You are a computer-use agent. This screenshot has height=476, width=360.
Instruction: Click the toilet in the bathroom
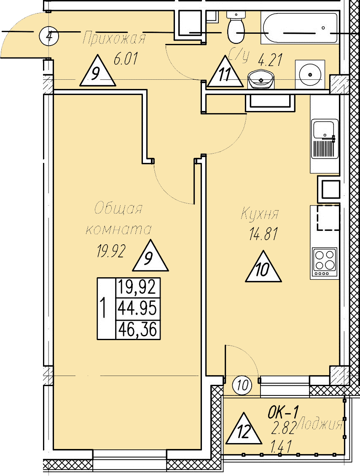click(x=236, y=28)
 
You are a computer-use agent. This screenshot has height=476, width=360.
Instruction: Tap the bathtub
click(x=299, y=28)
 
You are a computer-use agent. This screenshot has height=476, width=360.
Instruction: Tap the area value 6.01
click(x=125, y=59)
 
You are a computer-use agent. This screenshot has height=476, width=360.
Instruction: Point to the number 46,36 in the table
click(x=137, y=328)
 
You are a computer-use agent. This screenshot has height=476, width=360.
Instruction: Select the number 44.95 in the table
click(x=137, y=308)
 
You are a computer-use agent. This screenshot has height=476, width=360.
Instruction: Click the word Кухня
click(x=260, y=214)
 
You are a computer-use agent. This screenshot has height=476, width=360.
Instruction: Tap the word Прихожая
click(x=114, y=39)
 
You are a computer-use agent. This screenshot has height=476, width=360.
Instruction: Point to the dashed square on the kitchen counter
click(x=328, y=217)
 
